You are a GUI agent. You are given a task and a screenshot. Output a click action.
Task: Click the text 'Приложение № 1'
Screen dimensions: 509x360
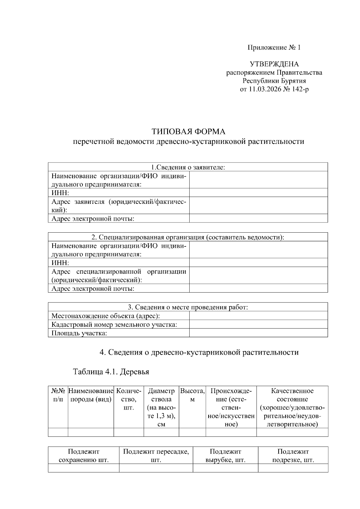coord(274,47)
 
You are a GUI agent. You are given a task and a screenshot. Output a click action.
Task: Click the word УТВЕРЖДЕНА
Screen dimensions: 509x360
coord(274,64)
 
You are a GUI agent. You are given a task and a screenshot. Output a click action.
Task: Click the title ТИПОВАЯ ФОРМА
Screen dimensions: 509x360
coord(188,132)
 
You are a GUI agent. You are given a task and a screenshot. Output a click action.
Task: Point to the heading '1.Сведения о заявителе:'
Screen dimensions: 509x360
coord(188,167)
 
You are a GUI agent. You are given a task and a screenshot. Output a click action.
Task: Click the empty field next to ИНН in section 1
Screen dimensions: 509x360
coord(258,192)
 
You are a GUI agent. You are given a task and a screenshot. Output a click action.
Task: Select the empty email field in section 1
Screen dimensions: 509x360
coord(258,218)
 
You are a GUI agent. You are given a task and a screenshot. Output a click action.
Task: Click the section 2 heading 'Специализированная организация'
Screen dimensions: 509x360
coord(188,237)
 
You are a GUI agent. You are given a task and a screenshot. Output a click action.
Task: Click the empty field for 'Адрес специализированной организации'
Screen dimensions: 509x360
coord(258,275)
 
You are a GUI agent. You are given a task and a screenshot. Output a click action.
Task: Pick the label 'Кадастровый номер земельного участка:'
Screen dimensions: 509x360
coord(114,324)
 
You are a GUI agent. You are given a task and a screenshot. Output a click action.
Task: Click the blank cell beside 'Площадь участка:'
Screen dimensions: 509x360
coord(258,333)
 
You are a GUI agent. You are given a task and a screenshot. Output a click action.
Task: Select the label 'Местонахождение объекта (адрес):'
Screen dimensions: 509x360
coord(106,316)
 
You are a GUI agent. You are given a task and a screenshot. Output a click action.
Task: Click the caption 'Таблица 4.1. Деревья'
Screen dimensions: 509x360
coord(111,372)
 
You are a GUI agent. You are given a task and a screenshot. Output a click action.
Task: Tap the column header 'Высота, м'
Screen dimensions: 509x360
coord(192,395)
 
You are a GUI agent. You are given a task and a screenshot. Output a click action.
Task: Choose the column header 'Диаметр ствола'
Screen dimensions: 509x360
coord(161,395)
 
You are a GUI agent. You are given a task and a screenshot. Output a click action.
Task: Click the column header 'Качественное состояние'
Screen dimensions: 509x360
coord(292,395)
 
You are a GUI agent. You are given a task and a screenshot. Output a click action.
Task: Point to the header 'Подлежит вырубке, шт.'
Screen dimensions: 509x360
coord(225,456)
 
